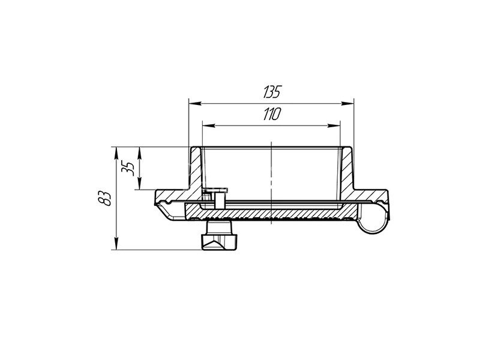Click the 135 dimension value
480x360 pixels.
(272, 92)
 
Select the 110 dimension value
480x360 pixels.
(272, 114)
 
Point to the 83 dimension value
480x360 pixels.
(104, 199)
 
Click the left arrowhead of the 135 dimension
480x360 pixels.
(195, 103)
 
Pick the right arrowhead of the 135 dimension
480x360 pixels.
(347, 103)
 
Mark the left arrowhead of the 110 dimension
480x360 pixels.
(209, 125)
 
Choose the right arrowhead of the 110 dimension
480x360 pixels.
(334, 125)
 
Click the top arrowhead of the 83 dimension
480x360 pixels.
(116, 153)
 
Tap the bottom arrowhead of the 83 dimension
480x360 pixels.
(116, 244)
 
